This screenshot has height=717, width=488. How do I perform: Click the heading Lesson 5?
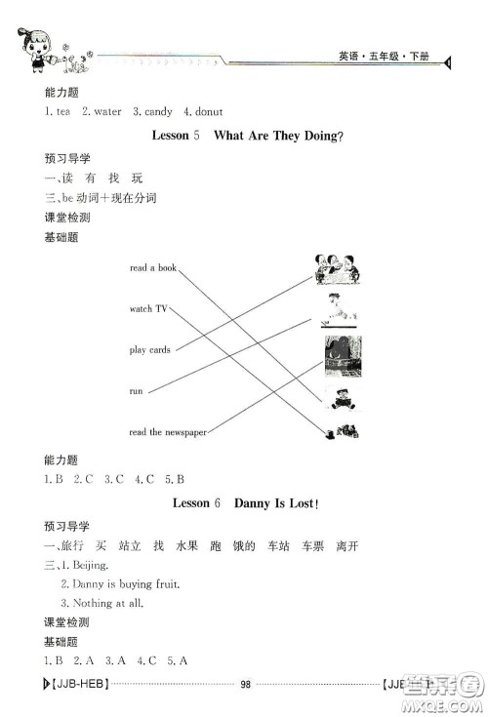coord(177,136)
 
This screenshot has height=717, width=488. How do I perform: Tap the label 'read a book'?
coord(153,267)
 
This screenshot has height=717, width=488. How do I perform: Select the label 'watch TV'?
coord(148,308)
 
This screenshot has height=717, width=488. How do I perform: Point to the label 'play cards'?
coord(150,349)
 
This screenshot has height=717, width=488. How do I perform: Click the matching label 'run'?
coord(136,390)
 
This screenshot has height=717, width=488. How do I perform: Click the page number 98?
coord(246,684)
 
